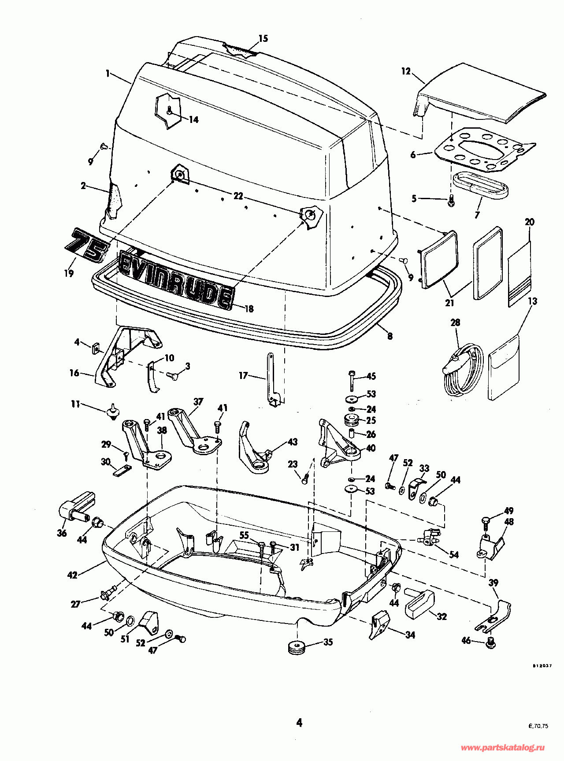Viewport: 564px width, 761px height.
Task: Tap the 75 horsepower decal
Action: [x=86, y=246]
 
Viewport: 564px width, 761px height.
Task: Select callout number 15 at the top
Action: [x=263, y=39]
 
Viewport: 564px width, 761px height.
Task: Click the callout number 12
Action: [x=406, y=71]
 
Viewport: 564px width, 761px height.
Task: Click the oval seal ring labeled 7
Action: [x=480, y=184]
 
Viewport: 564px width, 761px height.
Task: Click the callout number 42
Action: [x=72, y=575]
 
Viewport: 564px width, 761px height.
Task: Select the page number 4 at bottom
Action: [x=299, y=723]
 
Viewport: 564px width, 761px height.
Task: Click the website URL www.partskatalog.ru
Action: [x=503, y=748]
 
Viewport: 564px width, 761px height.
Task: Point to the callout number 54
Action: [x=453, y=554]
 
